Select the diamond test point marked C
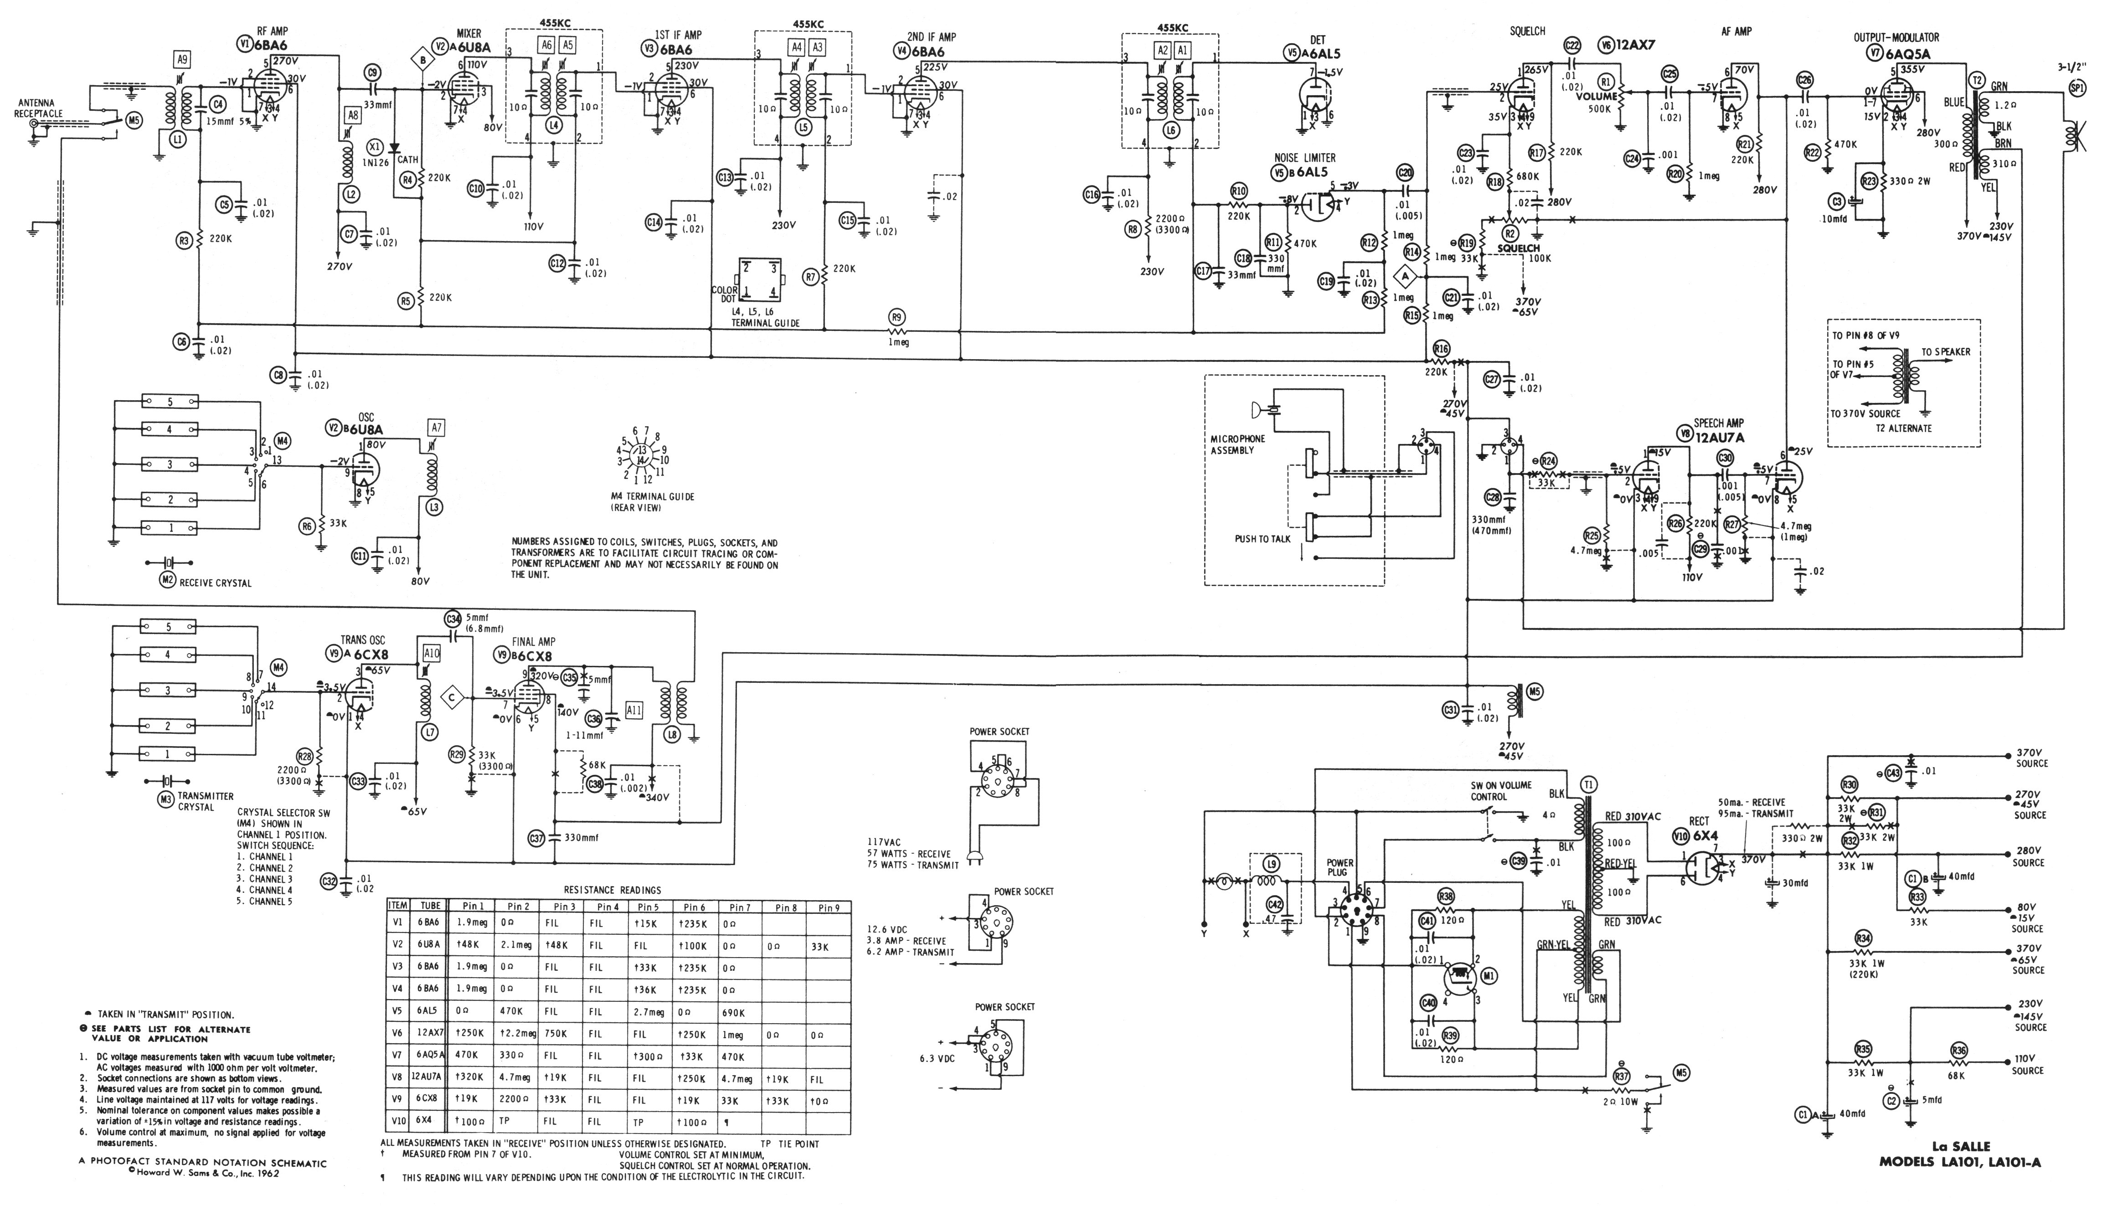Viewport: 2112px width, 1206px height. coord(451,698)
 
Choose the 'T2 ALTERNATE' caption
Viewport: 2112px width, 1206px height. coord(1903,428)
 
